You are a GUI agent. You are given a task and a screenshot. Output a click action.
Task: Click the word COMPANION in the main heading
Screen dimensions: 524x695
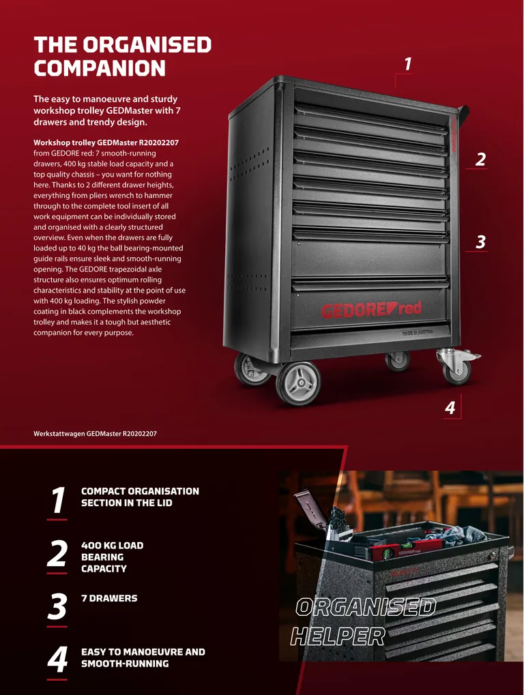[x=100, y=68]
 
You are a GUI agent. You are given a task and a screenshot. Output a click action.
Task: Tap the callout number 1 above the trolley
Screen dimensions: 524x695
[x=408, y=64]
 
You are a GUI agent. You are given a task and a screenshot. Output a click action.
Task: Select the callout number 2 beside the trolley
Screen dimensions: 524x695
[x=480, y=160]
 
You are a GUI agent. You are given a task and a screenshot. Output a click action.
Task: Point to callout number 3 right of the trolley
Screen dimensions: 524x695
[x=480, y=242]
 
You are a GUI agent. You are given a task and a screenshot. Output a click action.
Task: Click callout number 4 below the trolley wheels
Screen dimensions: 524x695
[x=450, y=407]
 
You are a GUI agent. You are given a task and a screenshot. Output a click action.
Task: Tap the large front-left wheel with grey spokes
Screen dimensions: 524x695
[x=298, y=383]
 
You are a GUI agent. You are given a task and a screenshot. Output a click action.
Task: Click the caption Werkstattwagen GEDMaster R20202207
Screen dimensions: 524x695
[x=95, y=434]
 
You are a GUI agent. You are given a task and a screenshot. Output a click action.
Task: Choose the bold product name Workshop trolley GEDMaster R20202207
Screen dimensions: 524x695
[x=106, y=143]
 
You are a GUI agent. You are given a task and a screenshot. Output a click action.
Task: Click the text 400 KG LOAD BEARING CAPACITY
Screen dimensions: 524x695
[x=112, y=557]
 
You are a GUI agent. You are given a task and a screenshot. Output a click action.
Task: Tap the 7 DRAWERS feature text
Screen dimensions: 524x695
[x=109, y=598]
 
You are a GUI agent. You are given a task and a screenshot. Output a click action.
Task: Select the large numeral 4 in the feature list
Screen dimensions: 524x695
[x=57, y=660]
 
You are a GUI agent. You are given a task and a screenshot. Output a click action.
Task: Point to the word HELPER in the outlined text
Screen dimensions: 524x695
[x=338, y=637]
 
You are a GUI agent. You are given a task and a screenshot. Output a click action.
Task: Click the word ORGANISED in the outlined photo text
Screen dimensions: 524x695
[x=366, y=607]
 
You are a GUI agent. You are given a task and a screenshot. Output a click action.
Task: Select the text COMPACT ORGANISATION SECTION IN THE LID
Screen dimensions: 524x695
[x=140, y=497]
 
